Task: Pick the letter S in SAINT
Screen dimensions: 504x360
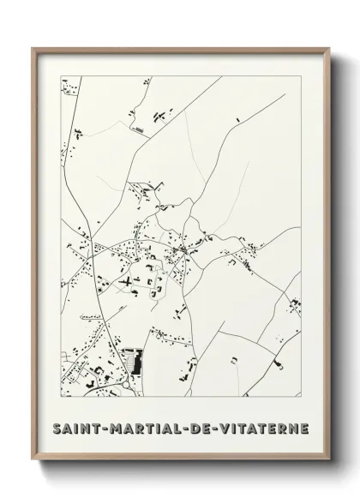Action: (56, 427)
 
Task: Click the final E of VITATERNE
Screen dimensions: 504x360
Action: (305, 427)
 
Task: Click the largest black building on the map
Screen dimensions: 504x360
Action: (132, 360)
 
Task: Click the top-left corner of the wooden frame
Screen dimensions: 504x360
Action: (34, 49)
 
